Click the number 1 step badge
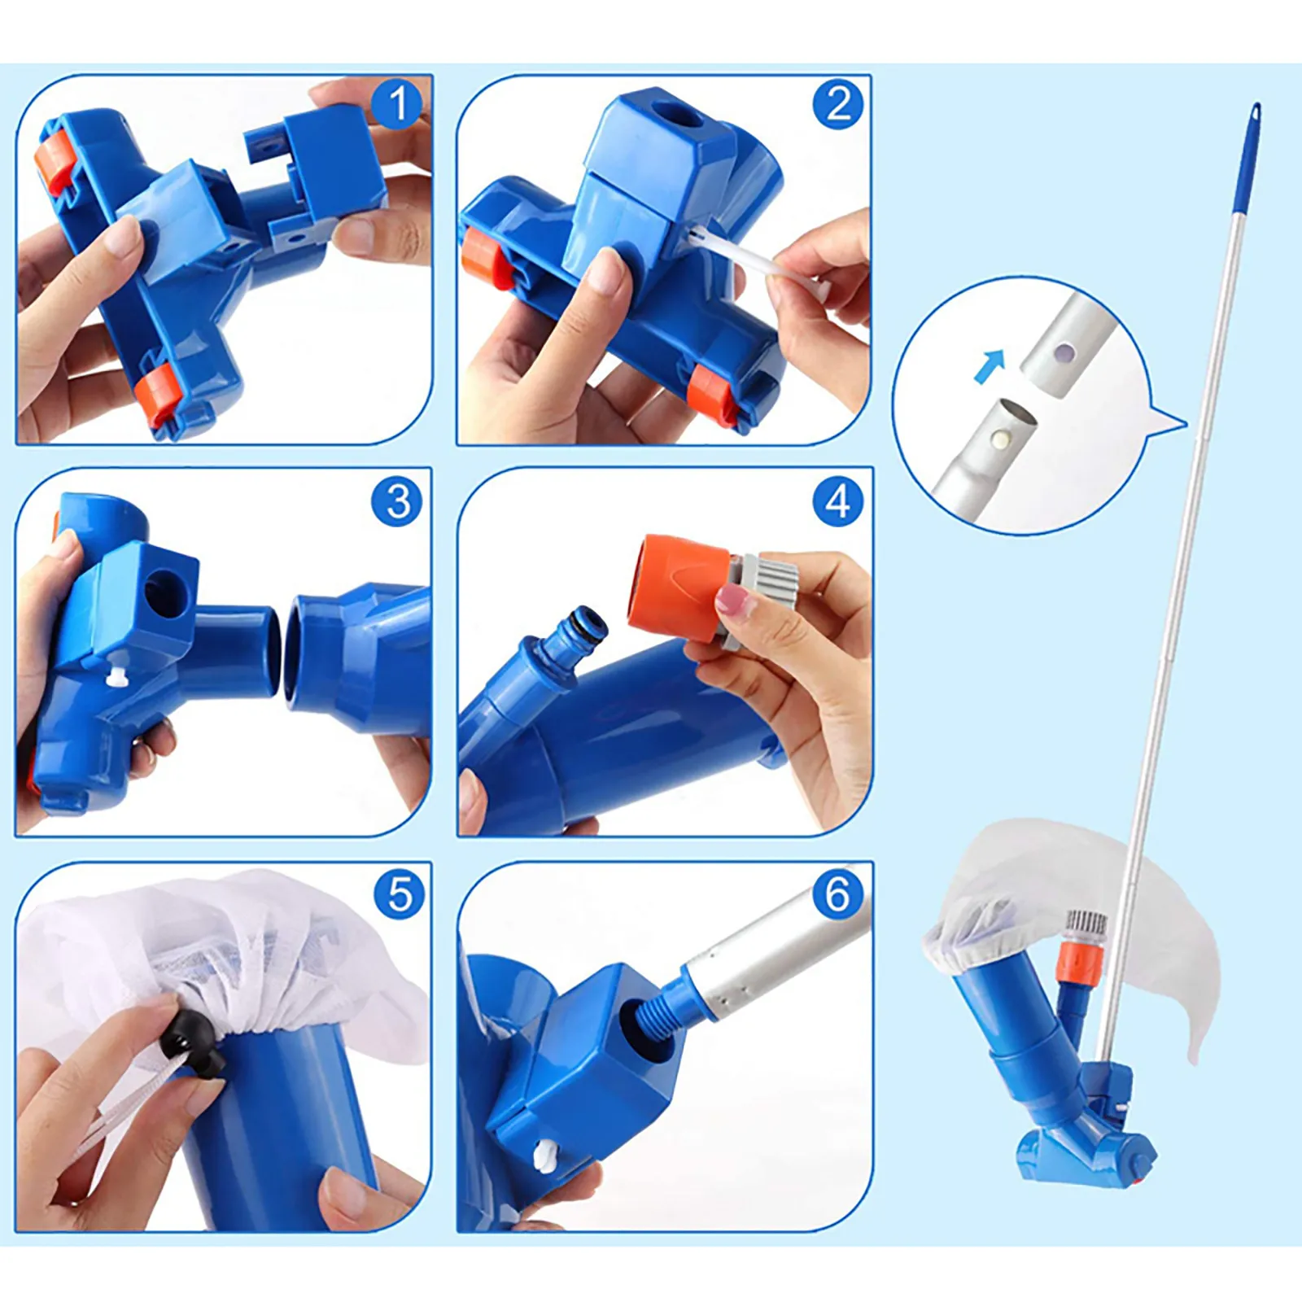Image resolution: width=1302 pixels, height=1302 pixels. coord(398,104)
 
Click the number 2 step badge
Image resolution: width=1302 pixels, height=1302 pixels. coord(839,105)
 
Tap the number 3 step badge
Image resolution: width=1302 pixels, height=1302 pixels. coord(398,501)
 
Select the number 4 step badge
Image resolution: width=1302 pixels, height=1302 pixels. coord(838,501)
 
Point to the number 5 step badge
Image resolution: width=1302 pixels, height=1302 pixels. coord(400,895)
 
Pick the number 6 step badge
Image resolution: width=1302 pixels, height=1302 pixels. coord(838,893)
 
